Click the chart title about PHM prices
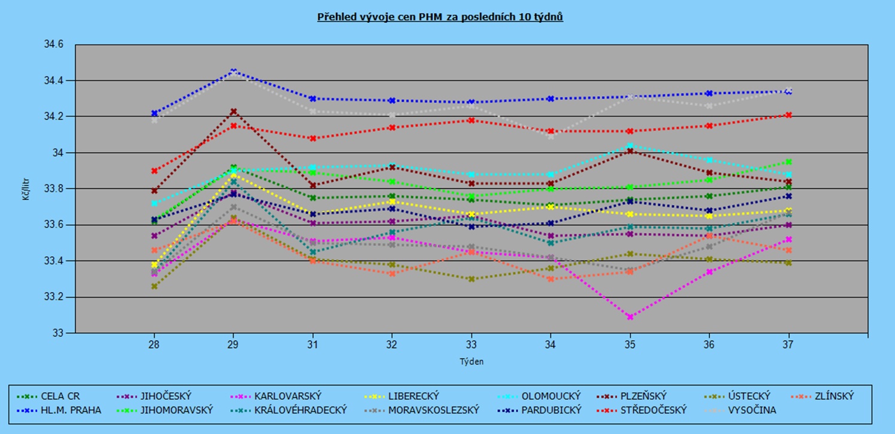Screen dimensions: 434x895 440,17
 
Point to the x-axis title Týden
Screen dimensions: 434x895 471,362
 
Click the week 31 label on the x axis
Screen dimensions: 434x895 312,344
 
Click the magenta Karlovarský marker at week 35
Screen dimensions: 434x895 630,317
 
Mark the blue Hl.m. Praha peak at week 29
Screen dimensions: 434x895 234,71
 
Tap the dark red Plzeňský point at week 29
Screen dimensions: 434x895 234,111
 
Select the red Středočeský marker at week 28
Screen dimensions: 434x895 155,171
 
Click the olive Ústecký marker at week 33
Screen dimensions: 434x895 471,279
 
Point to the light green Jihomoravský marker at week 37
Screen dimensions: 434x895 788,162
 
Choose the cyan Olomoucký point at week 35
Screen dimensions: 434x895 630,145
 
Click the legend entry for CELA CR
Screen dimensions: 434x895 60,396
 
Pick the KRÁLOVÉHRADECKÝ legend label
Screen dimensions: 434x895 301,410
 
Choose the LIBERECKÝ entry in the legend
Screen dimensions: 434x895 414,396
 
